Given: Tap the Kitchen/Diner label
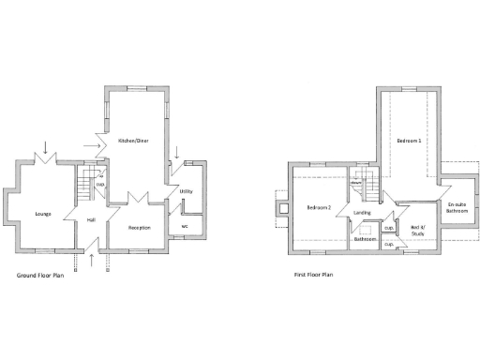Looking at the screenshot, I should (x=134, y=141).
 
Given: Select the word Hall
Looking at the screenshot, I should (x=91, y=220).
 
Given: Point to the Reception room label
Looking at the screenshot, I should (x=140, y=228).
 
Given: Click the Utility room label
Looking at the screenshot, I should (x=186, y=191).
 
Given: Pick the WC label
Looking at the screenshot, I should (x=185, y=226).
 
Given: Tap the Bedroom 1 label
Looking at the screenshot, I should (x=409, y=141).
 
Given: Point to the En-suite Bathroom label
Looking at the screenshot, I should (x=457, y=208).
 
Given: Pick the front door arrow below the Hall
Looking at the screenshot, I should (x=91, y=260).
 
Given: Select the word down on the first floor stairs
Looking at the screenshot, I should (x=357, y=185).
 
